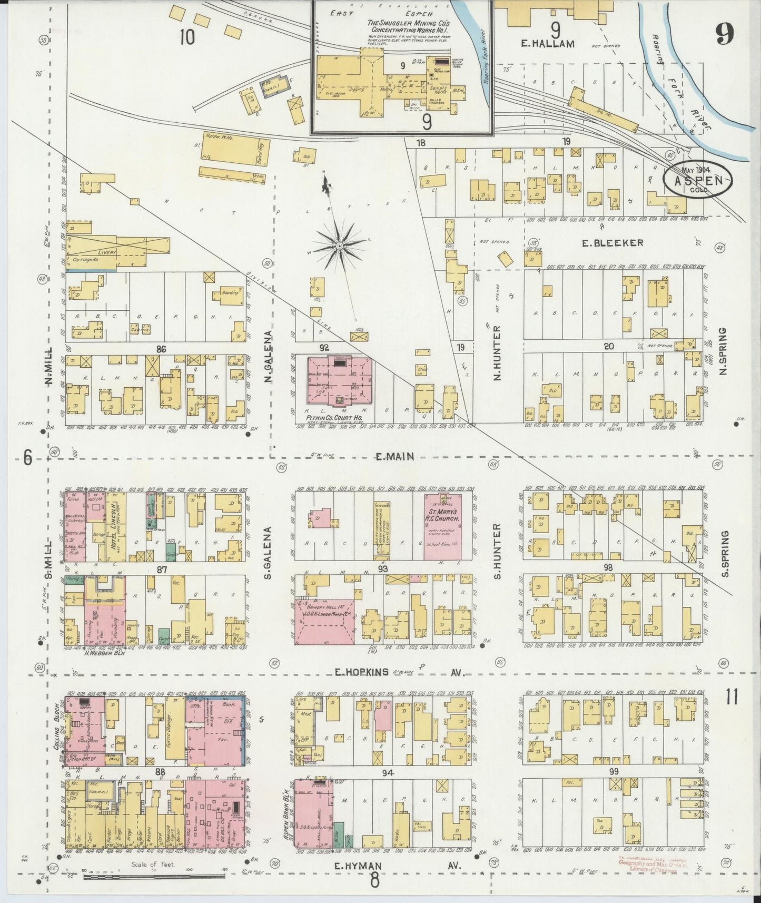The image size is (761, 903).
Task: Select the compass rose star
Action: [340, 246]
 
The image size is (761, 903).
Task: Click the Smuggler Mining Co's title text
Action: [403, 26]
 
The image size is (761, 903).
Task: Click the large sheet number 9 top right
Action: [724, 35]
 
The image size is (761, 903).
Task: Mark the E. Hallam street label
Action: [547, 44]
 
